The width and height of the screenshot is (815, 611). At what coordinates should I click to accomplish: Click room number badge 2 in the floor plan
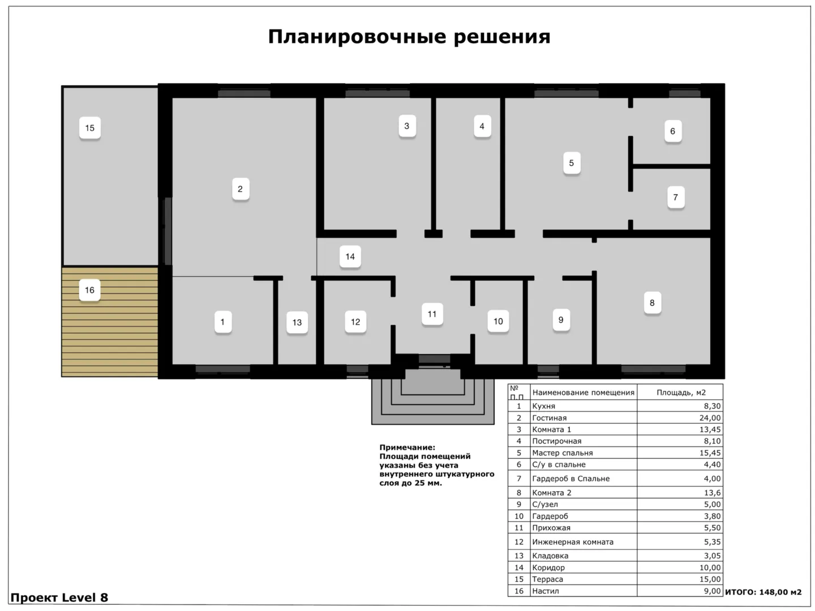240,189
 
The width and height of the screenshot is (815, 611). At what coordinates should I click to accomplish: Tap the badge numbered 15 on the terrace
89,128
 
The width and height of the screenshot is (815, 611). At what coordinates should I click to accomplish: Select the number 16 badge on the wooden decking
89,290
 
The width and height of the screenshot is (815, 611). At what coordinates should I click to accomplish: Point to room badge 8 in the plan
652,303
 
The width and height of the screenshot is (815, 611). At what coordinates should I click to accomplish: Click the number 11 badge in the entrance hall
432,314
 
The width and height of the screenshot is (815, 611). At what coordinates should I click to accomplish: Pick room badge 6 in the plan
672,131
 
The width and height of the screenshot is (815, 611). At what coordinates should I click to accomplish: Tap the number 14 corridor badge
350,256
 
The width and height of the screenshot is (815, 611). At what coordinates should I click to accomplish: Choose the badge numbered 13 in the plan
297,322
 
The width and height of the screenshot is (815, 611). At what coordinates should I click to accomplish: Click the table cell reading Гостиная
549,418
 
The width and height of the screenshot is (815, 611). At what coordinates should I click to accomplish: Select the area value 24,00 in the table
710,418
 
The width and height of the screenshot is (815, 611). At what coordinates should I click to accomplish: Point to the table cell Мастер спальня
562,453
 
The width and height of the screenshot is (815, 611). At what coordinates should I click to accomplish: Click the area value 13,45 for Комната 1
710,429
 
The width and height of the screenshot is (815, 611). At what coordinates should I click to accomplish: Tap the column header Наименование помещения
583,393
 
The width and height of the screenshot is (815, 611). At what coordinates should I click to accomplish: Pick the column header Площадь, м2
681,393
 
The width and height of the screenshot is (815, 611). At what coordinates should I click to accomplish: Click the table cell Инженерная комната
573,541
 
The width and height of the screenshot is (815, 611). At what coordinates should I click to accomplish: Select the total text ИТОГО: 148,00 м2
763,592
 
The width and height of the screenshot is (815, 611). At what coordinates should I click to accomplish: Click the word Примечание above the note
407,448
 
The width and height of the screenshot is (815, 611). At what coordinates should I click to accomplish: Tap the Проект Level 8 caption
59,597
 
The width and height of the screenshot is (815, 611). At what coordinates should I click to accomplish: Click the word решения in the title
502,37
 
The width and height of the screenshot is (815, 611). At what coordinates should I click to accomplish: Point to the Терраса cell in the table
547,579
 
